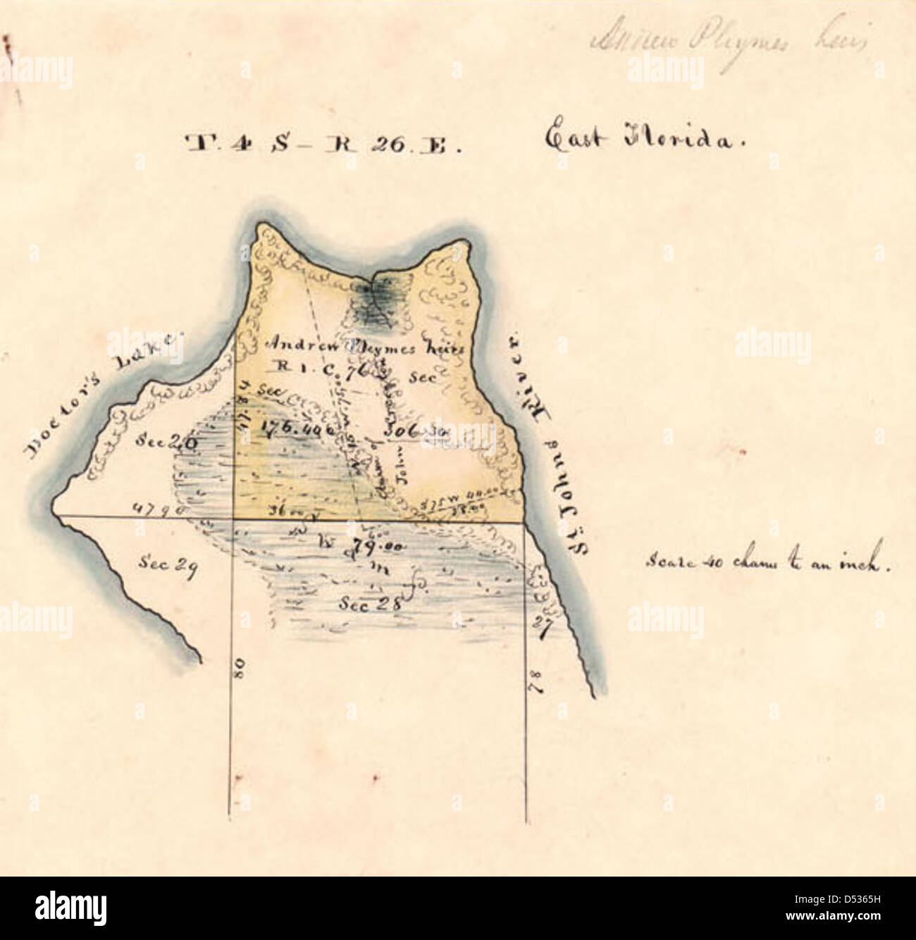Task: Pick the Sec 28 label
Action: pyautogui.click(x=369, y=603)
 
